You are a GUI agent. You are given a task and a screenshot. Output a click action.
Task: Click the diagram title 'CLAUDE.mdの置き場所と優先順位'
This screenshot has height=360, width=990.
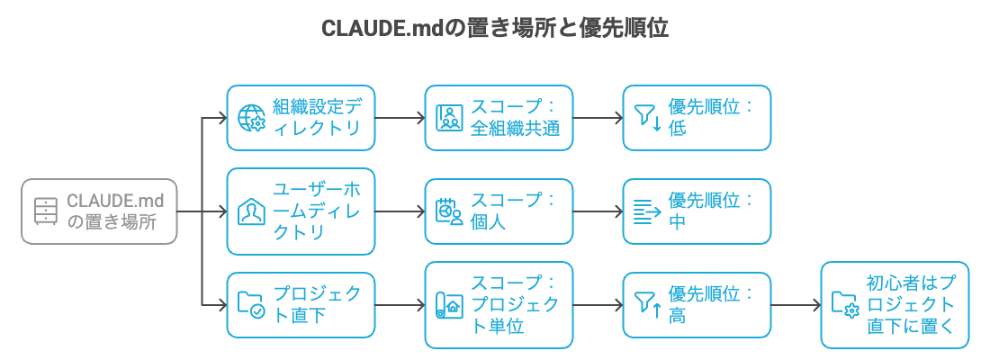pos(494,28)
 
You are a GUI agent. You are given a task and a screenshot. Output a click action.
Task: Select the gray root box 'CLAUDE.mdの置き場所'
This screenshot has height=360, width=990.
pos(99,212)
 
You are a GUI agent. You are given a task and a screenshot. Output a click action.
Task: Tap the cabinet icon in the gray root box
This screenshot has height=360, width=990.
pos(45,212)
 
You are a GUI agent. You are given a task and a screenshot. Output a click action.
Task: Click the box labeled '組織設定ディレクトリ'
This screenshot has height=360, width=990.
pos(300,118)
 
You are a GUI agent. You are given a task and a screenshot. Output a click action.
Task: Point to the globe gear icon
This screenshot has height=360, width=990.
pos(250,118)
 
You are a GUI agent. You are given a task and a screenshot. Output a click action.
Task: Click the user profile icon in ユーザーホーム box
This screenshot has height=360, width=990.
pos(250,211)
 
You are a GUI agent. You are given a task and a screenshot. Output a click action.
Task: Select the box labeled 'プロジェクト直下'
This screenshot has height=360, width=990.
pos(300,305)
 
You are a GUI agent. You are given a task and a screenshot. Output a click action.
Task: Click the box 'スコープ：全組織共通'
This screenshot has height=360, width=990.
pos(499,118)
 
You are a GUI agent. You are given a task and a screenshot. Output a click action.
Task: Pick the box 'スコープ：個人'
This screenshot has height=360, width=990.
pos(499,211)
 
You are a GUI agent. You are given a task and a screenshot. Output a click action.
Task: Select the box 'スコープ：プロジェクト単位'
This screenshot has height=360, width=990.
pos(499,305)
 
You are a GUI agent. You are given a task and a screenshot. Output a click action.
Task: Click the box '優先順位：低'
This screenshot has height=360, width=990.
pos(697,118)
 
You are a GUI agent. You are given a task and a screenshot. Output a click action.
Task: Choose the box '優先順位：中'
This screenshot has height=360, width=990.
pos(697,211)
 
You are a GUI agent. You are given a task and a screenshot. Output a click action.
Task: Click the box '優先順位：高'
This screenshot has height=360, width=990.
pos(697,305)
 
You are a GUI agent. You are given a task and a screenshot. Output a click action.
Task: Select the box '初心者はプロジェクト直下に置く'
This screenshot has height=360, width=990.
pos(895,305)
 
